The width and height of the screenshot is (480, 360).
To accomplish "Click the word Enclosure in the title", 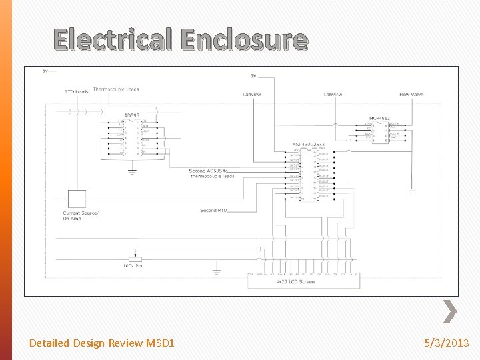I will click(245, 39).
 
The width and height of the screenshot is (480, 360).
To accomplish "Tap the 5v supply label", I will click(45, 70).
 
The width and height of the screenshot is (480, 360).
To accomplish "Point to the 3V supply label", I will click(253, 75).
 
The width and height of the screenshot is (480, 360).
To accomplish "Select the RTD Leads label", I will click(76, 91).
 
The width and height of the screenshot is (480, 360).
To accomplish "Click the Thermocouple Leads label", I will click(116, 89).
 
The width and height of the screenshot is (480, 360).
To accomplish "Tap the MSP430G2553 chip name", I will click(308, 144).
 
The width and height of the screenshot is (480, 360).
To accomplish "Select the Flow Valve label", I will click(411, 95).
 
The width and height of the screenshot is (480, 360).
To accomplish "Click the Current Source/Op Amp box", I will click(77, 199).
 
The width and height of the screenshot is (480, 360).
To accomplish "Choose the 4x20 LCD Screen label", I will click(295, 282).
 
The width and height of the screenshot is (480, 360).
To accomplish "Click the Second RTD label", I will click(213, 211).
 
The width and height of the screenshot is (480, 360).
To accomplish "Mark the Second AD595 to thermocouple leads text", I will click(212, 173).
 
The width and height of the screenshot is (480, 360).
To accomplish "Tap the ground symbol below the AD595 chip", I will click(132, 171).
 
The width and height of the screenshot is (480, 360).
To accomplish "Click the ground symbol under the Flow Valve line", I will click(411, 192).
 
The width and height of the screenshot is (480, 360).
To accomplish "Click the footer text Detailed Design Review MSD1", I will click(102, 343).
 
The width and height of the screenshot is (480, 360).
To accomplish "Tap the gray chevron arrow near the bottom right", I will click(450, 311).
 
